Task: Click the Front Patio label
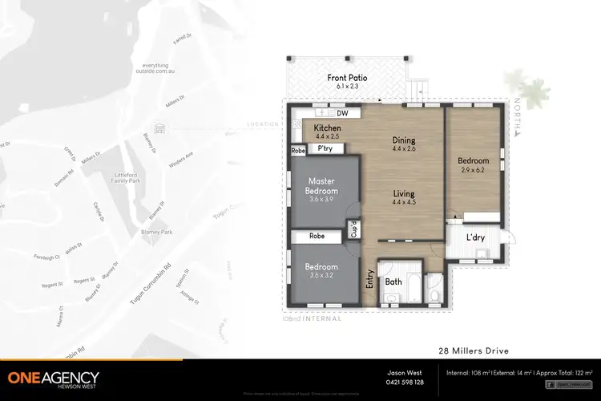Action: (x=346, y=79)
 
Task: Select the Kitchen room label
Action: (x=327, y=128)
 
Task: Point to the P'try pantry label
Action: (x=325, y=149)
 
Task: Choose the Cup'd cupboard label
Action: (x=353, y=229)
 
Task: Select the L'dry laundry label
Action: (x=478, y=238)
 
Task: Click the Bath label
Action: (x=393, y=282)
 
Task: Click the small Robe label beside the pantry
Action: (x=298, y=150)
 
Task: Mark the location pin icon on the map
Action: (x=159, y=128)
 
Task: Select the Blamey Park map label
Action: (x=156, y=233)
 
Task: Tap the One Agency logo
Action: (x=54, y=379)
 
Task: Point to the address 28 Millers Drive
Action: (x=473, y=350)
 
